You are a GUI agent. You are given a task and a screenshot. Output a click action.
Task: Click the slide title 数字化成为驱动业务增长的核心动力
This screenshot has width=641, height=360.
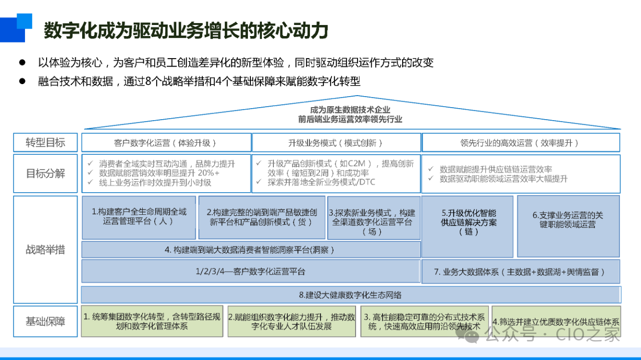click(x=186, y=31)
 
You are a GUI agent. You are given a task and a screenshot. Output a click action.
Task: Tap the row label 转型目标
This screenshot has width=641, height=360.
click(x=46, y=142)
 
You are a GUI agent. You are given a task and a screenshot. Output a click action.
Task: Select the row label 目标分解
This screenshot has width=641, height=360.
click(x=46, y=173)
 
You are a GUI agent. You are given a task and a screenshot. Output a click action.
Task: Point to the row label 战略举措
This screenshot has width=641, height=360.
click(x=46, y=249)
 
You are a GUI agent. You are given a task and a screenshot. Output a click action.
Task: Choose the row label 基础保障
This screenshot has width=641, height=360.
click(x=46, y=321)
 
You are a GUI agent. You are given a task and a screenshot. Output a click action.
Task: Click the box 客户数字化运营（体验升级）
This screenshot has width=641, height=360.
click(x=166, y=143)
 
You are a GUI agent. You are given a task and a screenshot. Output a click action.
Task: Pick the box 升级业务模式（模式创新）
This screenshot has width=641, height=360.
click(x=336, y=143)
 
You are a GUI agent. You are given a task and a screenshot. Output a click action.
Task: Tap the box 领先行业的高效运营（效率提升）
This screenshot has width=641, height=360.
click(x=521, y=143)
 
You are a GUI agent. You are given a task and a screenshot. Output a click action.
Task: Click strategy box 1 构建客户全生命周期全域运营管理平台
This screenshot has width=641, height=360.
click(x=139, y=217)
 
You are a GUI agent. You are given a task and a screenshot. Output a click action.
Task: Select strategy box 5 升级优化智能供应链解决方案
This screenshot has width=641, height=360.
click(x=467, y=227)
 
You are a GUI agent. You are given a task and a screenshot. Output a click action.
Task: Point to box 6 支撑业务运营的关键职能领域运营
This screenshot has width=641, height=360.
click(x=568, y=226)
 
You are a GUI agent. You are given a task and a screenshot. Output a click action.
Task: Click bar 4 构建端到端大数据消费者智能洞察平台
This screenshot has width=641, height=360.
click(x=251, y=250)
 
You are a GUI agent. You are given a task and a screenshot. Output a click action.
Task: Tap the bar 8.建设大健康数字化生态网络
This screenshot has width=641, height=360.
click(x=351, y=295)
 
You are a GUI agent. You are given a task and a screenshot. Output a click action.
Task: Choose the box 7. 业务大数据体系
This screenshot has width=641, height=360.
click(x=521, y=271)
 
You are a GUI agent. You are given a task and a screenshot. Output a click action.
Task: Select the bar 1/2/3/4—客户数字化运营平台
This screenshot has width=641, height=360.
click(x=251, y=271)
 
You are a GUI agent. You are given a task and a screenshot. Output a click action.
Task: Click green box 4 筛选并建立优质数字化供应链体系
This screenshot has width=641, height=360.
click(x=556, y=321)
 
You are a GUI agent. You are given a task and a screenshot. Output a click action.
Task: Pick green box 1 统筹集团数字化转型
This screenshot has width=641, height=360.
click(x=152, y=321)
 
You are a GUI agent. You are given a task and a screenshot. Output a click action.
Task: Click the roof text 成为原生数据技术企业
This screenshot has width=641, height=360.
click(x=350, y=110)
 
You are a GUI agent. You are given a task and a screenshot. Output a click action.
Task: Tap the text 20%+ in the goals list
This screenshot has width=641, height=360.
click(x=208, y=173)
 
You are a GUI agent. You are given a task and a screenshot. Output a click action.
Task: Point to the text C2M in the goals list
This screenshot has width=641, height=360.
click(x=356, y=163)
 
